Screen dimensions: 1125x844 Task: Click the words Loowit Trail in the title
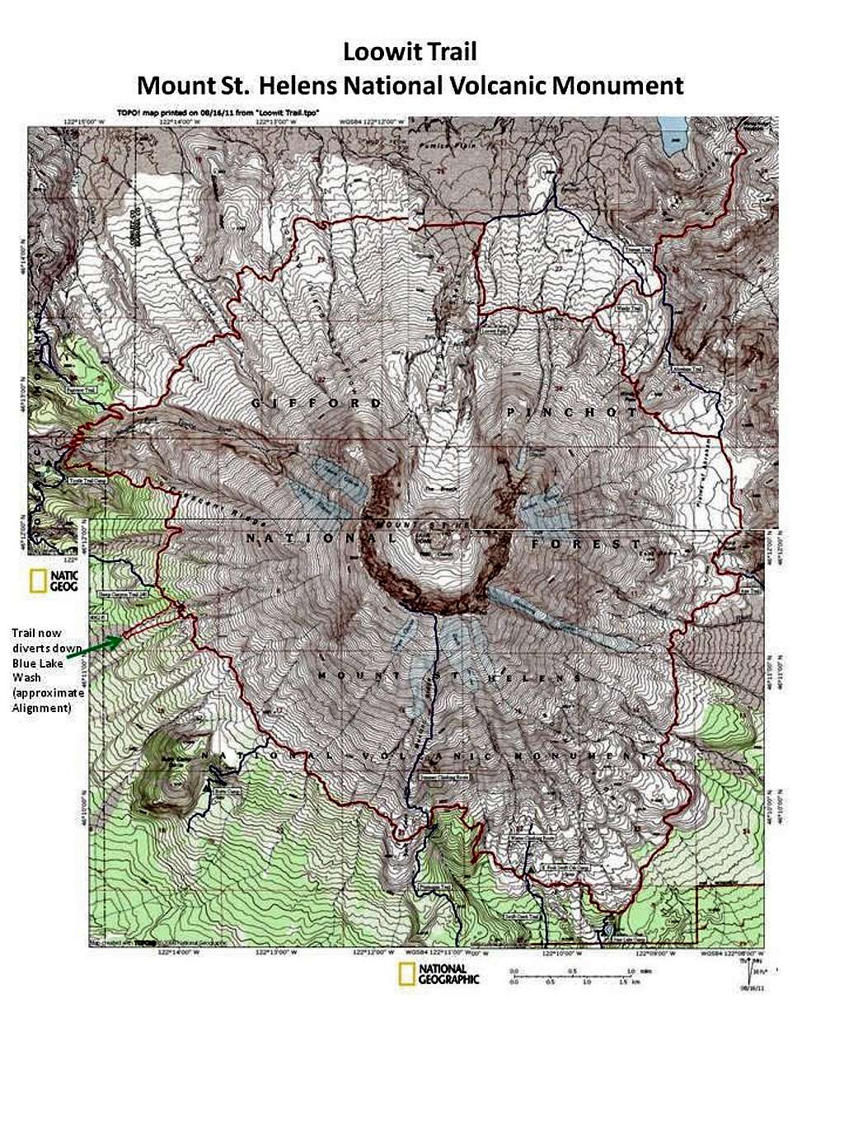pyautogui.click(x=410, y=53)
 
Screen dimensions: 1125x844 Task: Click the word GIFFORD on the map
pyautogui.click(x=316, y=403)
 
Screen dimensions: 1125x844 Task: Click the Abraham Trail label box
pyautogui.click(x=685, y=368)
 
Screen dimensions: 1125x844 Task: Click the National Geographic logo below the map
pyautogui.click(x=438, y=974)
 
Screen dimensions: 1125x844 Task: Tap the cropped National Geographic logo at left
pyautogui.click(x=54, y=581)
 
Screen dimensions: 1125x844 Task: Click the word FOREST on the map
pyautogui.click(x=585, y=545)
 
